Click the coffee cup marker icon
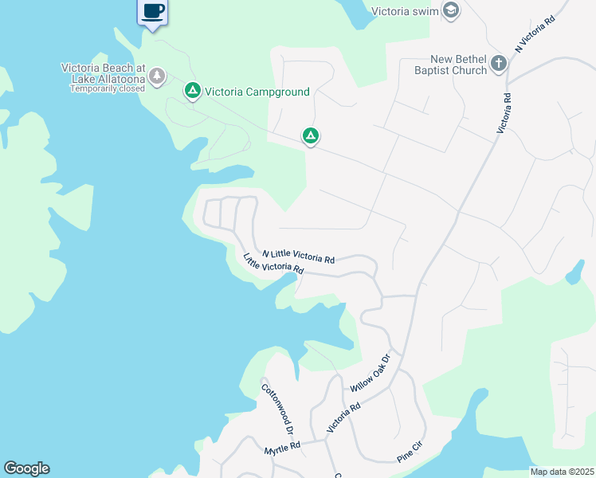click(152, 12)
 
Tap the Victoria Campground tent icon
click(192, 92)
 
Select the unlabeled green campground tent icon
click(311, 136)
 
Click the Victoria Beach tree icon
click(159, 76)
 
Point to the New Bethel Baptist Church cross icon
click(499, 65)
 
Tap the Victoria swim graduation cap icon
click(450, 11)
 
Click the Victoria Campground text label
click(257, 92)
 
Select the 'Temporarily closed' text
click(108, 88)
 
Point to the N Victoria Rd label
click(534, 33)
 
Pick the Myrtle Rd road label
click(283, 449)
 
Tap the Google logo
click(26, 468)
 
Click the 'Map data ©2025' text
click(561, 472)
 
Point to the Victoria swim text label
click(406, 11)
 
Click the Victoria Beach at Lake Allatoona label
click(104, 72)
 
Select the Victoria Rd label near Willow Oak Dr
click(343, 417)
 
